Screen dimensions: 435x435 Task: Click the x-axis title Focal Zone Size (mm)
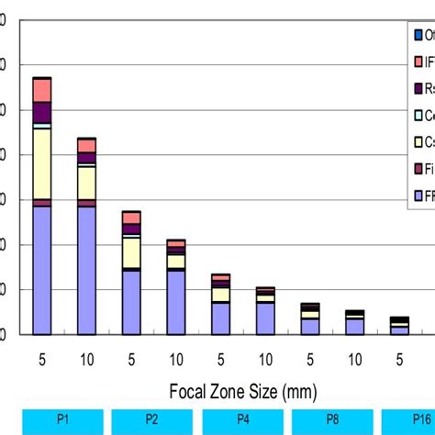(243, 392)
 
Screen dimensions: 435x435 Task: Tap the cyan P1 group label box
(62, 420)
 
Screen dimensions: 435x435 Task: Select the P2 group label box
(152, 420)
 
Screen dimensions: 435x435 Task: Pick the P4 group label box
(242, 420)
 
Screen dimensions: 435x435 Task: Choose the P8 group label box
(332, 420)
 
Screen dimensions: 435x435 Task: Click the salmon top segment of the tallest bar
(41, 90)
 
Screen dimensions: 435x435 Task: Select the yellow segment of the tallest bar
(41, 163)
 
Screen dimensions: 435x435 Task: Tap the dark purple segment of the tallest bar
(41, 112)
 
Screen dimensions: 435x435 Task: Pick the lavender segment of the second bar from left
(86, 270)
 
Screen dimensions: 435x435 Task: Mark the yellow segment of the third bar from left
(131, 252)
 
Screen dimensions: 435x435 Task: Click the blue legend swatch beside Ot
(418, 36)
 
